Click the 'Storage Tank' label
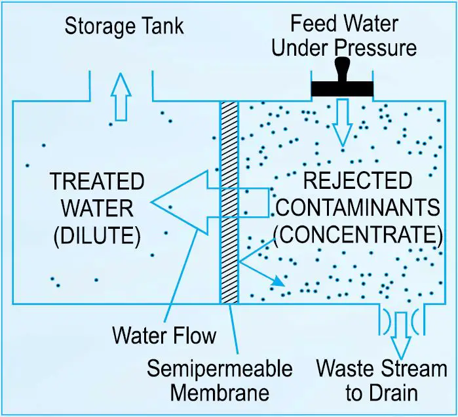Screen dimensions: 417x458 (124, 27)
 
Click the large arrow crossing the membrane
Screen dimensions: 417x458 (197, 203)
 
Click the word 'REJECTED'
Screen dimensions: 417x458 (357, 182)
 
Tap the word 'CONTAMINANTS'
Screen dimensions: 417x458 (357, 208)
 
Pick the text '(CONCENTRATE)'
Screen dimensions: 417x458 (357, 235)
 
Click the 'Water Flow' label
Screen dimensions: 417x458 (164, 335)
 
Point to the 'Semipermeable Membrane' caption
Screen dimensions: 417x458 (219, 380)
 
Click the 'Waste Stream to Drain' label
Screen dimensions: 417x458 (381, 380)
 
